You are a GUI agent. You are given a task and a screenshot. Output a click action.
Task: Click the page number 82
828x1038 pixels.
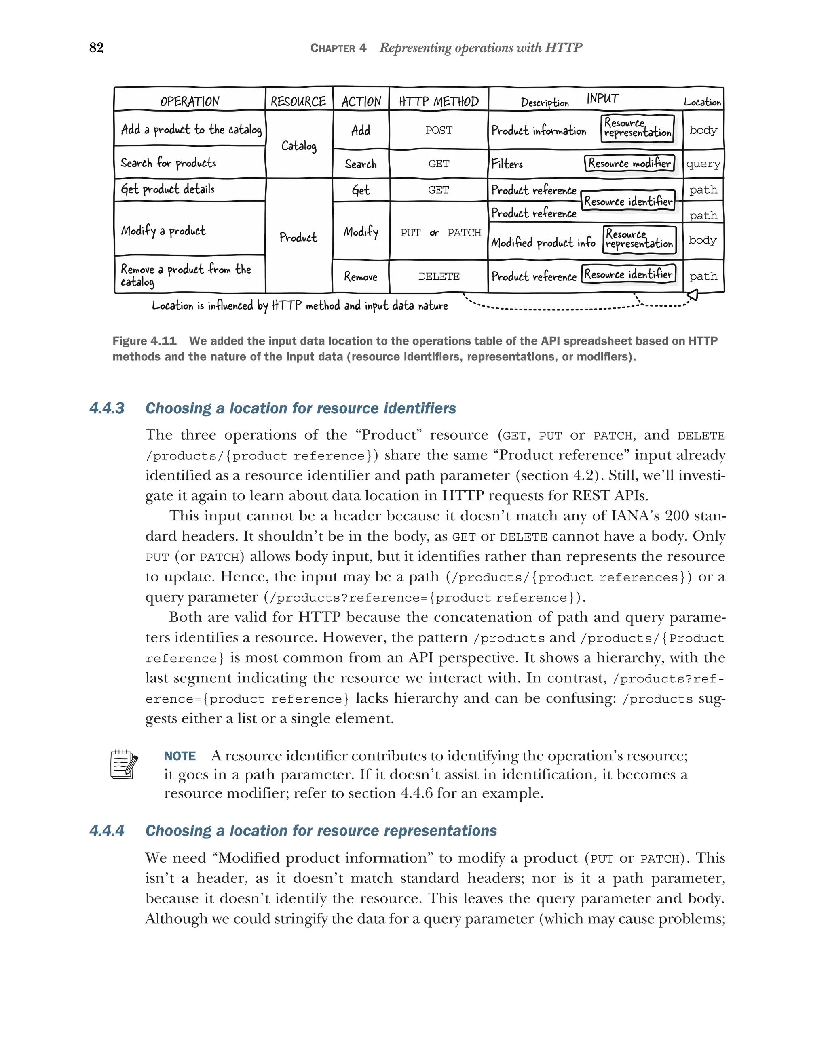click(96, 47)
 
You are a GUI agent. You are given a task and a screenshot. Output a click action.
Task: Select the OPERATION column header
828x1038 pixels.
click(189, 101)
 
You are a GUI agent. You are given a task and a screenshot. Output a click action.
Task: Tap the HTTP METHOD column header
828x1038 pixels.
click(438, 101)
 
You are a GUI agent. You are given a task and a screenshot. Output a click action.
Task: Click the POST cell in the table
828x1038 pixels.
click(438, 131)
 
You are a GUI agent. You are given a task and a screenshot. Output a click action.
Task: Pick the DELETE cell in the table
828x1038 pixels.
click(438, 276)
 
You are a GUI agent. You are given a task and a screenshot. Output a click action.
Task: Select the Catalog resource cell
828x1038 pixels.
click(299, 145)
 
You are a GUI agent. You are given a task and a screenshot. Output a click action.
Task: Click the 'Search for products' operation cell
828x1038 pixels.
click(168, 163)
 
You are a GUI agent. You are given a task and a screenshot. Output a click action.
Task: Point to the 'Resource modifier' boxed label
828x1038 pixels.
click(629, 163)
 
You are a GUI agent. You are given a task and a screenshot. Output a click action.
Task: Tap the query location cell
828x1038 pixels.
click(703, 164)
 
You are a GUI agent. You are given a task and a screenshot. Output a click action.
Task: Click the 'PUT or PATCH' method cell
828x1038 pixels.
click(440, 233)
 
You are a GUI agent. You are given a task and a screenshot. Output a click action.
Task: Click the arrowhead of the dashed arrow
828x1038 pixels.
click(693, 295)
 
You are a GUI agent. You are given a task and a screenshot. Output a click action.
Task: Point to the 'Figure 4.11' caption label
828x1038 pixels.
click(144, 341)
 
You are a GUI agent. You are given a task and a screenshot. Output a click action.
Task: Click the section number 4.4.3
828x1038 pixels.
click(107, 408)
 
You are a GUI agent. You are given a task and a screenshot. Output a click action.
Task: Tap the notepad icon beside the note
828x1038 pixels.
click(124, 764)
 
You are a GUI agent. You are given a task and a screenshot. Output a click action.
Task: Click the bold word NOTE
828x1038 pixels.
click(180, 756)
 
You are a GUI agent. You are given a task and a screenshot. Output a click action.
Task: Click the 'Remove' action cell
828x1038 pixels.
click(360, 276)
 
